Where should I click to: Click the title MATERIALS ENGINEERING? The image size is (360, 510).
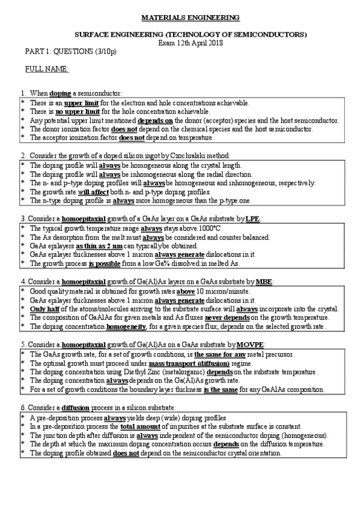click(x=180, y=19)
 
